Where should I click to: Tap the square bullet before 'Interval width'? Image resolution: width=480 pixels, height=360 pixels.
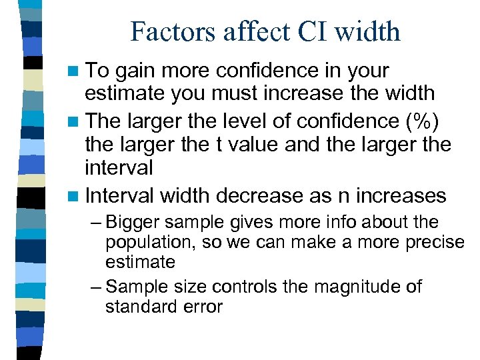(x=75, y=196)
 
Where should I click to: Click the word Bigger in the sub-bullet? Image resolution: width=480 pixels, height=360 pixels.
(x=129, y=223)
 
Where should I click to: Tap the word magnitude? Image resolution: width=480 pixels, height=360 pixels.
(x=347, y=287)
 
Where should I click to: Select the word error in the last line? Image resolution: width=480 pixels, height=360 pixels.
(x=203, y=307)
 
